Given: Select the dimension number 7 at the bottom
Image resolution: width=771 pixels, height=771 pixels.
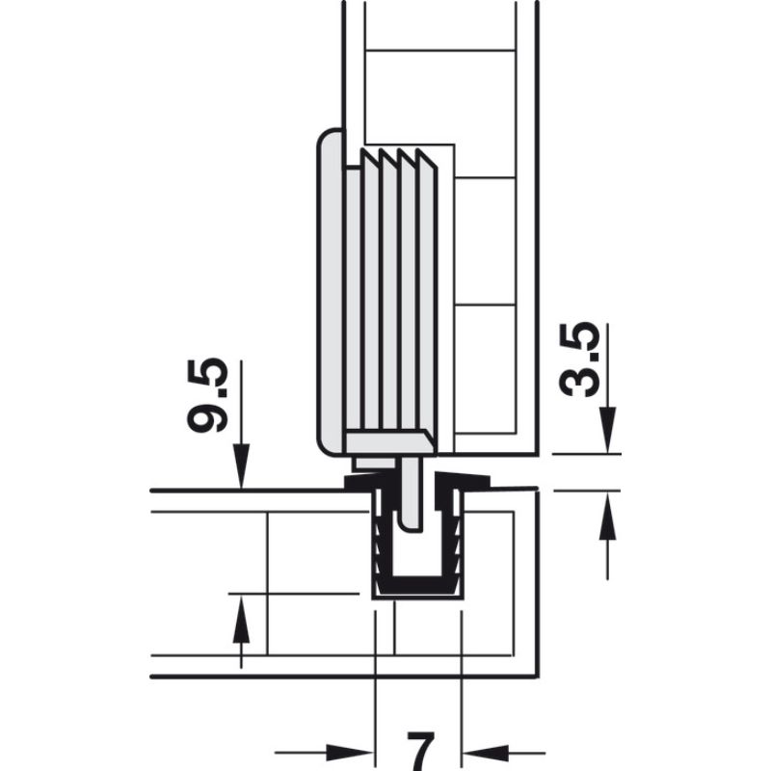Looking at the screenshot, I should pos(419,749).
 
